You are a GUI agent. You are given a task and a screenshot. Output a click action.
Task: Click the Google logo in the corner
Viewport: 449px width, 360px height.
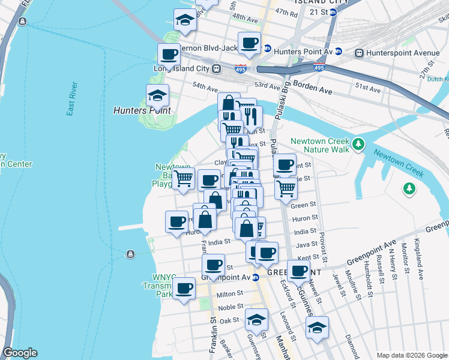pos(20,353)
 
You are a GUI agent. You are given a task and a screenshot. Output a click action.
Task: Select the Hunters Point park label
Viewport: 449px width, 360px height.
pos(142,111)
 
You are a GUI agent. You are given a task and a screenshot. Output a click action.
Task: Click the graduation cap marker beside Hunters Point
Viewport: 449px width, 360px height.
pos(157,95)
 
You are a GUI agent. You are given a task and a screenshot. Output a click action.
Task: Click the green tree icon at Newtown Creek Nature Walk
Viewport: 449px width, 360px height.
pos(358,143)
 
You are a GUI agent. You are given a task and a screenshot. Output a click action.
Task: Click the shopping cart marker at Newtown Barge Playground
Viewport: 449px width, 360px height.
pos(183,178)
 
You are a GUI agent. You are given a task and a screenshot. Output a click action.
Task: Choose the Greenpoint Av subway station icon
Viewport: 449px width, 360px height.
pos(256,277)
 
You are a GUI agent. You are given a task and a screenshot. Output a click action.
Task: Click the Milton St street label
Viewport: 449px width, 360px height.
pos(229,294)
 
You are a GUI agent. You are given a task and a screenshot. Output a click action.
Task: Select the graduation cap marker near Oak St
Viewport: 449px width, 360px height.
pos(256,319)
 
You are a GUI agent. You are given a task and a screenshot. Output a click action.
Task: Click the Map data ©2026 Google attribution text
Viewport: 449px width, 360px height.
pos(411,355)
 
